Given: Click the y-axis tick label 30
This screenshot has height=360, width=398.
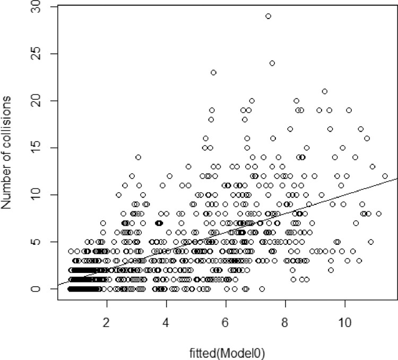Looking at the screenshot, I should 40,7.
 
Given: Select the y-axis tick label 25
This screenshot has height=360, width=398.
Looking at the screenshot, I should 40,54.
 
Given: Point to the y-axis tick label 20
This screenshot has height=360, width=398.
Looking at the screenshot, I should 40,101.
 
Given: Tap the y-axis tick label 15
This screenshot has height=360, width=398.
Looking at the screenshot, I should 40,148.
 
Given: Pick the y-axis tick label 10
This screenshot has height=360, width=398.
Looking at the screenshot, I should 40,195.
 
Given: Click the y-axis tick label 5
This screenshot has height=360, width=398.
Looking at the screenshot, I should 40,242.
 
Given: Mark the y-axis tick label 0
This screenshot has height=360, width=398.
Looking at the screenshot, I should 40,289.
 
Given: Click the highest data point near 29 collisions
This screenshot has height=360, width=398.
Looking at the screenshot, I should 268,16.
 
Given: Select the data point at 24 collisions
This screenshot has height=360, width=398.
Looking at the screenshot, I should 272,63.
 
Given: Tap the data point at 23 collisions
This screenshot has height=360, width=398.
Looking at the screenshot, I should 213,73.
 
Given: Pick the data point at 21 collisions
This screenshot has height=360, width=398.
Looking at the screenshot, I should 325,91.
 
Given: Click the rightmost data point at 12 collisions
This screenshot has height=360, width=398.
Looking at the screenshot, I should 385,176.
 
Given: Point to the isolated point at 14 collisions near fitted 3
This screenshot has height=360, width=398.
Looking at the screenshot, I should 138,157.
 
